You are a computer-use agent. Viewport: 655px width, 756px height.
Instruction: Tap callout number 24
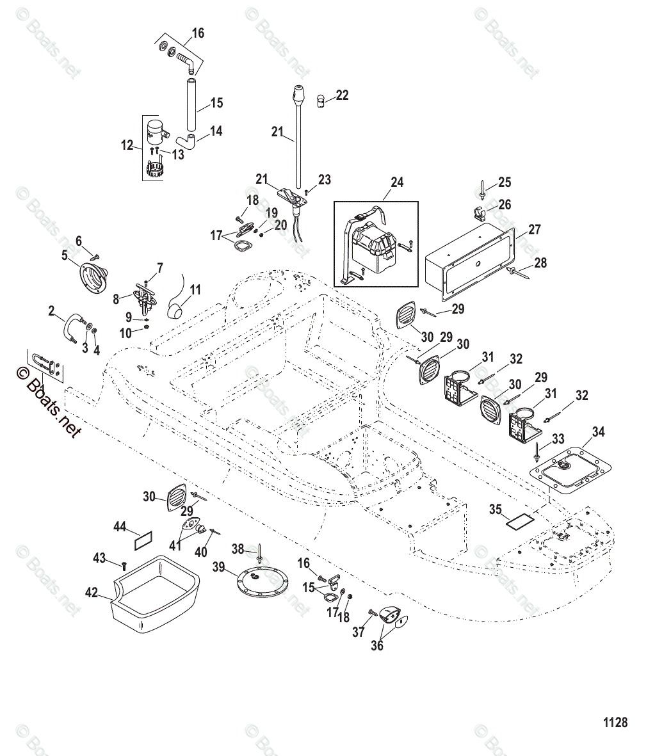coord(397,182)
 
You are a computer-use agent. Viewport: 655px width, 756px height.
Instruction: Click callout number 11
coord(195,290)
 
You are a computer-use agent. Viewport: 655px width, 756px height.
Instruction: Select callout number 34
coord(597,432)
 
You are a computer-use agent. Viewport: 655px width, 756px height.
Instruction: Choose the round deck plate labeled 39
coord(256,583)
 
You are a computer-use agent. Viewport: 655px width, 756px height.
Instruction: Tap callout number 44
coord(120,526)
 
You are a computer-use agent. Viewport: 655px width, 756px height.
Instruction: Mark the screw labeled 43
coord(124,565)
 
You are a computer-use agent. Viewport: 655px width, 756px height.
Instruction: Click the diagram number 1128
coord(615,722)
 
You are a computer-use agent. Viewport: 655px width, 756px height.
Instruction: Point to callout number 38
coord(238,549)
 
